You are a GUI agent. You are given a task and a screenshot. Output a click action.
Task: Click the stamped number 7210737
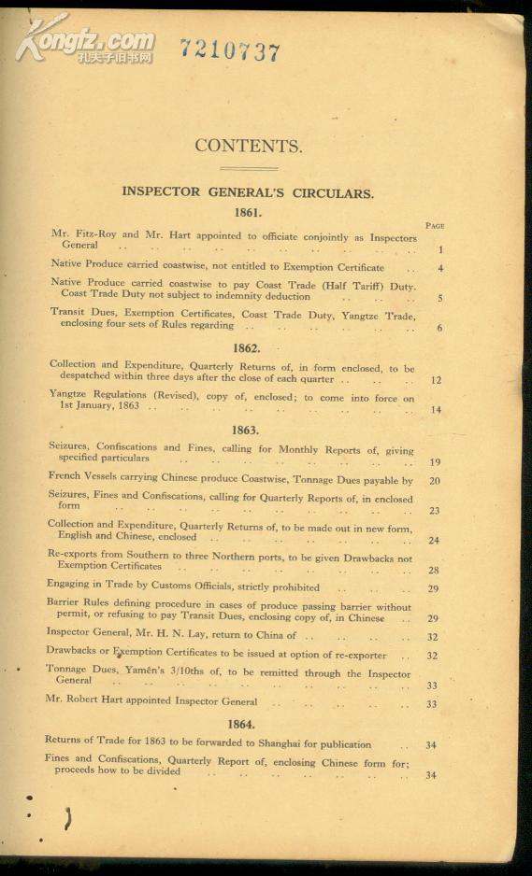230,50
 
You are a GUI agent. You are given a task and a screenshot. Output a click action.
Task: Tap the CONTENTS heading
248,146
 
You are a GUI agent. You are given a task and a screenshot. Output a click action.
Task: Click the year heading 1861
248,212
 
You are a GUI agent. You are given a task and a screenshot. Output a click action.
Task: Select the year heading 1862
246,347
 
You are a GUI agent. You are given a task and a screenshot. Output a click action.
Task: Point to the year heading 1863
245,430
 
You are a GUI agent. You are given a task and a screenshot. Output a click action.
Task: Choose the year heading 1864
242,724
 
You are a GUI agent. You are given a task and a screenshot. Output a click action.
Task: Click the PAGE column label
435,226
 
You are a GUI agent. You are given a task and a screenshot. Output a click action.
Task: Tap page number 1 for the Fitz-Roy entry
439,249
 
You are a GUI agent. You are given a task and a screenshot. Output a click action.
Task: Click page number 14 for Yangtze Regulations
436,410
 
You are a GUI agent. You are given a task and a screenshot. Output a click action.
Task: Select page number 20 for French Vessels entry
435,481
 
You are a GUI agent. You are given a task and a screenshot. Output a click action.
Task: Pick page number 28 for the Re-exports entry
434,570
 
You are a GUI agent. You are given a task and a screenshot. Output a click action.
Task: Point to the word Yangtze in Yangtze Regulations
68,394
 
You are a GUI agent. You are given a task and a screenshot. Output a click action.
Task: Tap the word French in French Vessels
65,475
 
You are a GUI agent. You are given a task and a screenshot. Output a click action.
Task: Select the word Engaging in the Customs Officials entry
68,585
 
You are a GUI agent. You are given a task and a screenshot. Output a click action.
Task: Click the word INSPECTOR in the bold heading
161,192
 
